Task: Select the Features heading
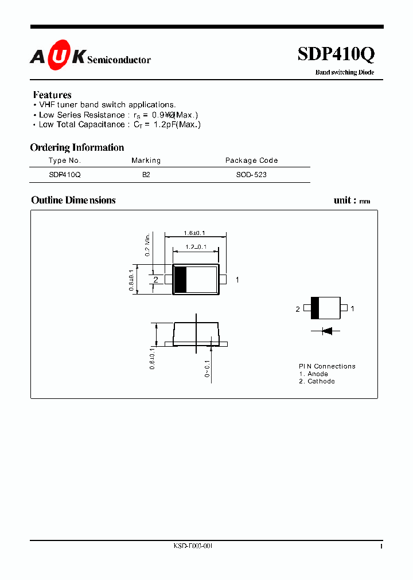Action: pyautogui.click(x=52, y=95)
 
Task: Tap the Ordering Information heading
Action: pyautogui.click(x=77, y=147)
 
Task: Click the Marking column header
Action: pyautogui.click(x=146, y=160)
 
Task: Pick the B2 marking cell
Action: pyautogui.click(x=146, y=175)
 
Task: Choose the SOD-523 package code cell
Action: pyautogui.click(x=251, y=175)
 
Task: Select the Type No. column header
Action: pyautogui.click(x=65, y=160)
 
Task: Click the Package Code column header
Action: pyautogui.click(x=251, y=160)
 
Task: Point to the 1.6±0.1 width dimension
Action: pyautogui.click(x=194, y=233)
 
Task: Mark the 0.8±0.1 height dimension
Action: pyautogui.click(x=131, y=280)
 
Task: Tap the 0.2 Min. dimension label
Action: pyautogui.click(x=147, y=245)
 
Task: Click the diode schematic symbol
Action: pyautogui.click(x=326, y=330)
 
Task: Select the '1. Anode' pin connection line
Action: pyautogui.click(x=313, y=374)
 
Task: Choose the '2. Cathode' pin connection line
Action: pyautogui.click(x=317, y=381)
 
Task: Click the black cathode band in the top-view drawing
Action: pyautogui.click(x=180, y=280)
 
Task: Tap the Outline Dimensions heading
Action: pyautogui.click(x=73, y=200)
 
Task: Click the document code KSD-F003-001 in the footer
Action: pyautogui.click(x=193, y=546)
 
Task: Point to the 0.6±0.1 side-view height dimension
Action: pyautogui.click(x=153, y=358)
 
